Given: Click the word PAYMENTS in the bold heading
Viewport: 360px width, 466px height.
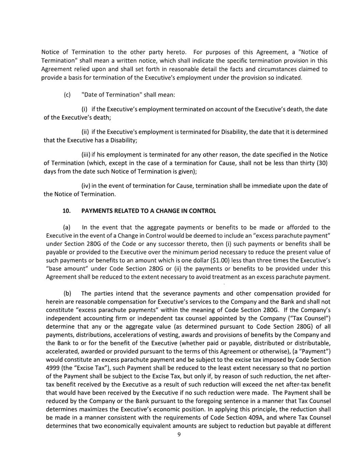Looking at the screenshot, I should click(97, 211).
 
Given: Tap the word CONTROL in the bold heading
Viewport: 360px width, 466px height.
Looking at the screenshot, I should click(203, 211).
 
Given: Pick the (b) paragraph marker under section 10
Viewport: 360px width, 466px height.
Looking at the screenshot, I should click(67, 293).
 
